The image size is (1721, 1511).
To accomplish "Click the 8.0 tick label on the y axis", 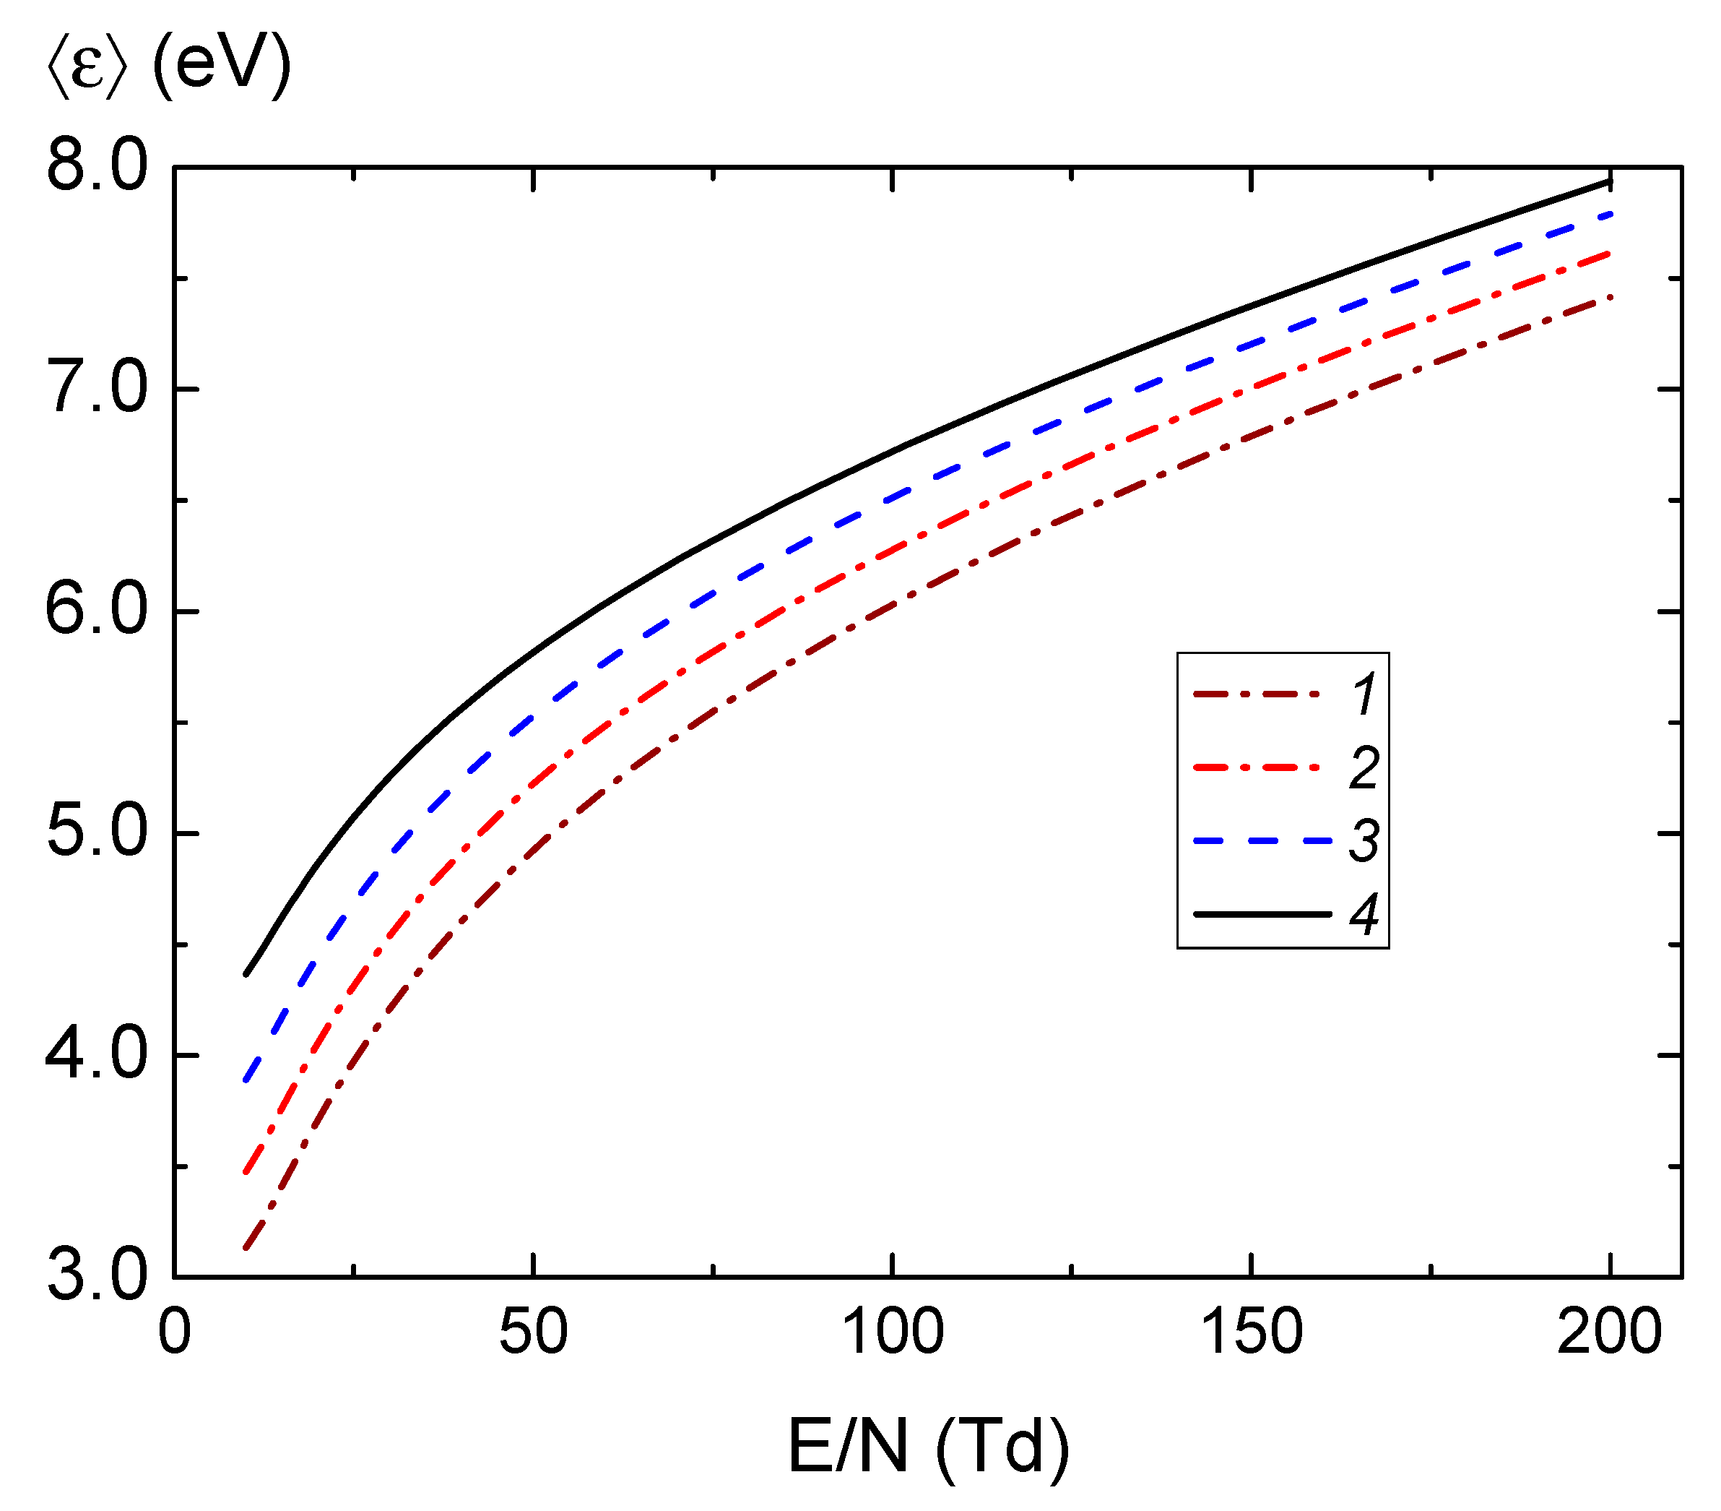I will [x=96, y=166].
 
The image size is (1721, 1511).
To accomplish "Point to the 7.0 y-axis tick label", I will [x=96, y=389].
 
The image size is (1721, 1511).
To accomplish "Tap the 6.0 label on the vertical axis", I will [x=96, y=611].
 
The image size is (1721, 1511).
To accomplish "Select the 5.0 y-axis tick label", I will [x=96, y=833].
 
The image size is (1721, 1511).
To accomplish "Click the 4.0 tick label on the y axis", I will [x=96, y=1055].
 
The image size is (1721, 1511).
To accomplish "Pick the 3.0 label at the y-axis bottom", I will [x=96, y=1278].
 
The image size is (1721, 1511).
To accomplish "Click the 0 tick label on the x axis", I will [x=175, y=1333].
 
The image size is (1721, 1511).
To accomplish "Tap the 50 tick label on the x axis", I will [x=533, y=1333].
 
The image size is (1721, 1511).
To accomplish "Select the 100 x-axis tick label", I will [x=893, y=1333].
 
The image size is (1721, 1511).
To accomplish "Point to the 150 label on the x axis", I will [x=1251, y=1333].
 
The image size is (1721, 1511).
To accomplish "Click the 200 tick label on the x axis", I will [x=1609, y=1333].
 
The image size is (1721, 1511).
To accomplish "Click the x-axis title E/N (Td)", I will [x=929, y=1447].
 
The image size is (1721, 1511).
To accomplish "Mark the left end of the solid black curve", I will [x=246, y=975].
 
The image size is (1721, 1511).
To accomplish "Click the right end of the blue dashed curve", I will [x=1610, y=214].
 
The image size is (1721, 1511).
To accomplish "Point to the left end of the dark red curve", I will [x=245, y=1248].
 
